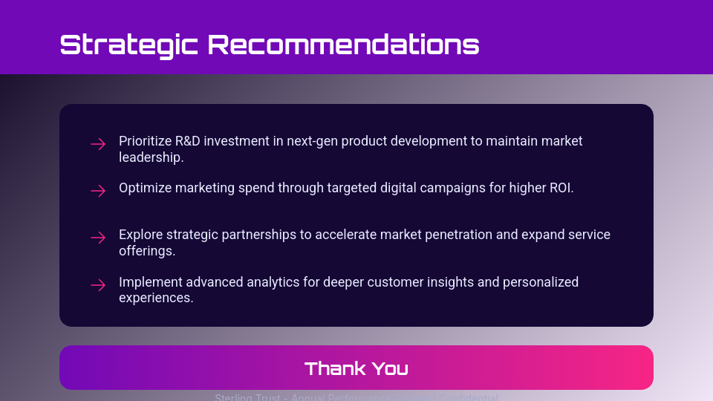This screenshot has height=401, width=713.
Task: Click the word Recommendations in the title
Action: point(343,45)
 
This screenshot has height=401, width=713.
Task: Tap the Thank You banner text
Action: point(356,368)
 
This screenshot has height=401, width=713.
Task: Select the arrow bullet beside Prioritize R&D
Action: point(98,144)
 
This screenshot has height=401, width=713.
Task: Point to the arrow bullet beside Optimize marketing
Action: point(98,191)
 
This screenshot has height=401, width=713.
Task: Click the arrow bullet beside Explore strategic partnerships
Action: point(98,238)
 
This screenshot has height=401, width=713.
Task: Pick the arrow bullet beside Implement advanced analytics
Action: point(98,284)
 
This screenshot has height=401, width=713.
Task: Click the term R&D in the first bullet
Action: point(192,141)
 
